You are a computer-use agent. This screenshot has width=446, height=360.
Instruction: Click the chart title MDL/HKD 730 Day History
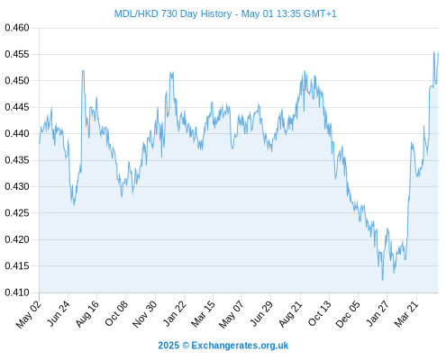click(x=173, y=13)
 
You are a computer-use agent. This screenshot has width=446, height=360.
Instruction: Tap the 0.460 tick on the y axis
click(x=17, y=28)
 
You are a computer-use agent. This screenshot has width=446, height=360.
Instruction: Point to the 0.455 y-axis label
click(x=17, y=54)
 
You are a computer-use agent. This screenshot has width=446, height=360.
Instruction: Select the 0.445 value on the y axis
click(x=17, y=107)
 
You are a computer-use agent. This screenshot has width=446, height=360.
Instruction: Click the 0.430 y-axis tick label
click(x=17, y=186)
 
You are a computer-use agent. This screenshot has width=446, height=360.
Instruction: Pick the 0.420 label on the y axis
click(x=17, y=239)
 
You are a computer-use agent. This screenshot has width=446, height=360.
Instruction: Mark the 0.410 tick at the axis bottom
click(x=17, y=292)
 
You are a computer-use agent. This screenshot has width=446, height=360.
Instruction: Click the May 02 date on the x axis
click(x=29, y=314)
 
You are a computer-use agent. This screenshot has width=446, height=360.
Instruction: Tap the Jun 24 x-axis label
click(x=59, y=313)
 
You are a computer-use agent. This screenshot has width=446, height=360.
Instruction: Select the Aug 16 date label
click(x=87, y=314)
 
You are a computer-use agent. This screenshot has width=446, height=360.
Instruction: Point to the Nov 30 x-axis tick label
click(x=144, y=314)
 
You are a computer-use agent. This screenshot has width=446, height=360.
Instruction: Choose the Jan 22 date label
click(x=174, y=314)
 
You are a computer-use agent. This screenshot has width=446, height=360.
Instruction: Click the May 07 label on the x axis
click(x=231, y=314)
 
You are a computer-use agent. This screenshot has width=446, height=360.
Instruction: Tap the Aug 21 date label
click(x=290, y=314)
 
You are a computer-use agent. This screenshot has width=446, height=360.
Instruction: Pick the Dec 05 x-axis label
click(x=348, y=314)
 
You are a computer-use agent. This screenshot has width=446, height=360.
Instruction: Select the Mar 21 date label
click(x=406, y=314)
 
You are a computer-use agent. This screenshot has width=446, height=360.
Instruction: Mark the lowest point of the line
click(x=382, y=280)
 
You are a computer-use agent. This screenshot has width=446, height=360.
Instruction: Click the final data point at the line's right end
click(x=438, y=53)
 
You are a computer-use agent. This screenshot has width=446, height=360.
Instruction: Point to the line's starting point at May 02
click(x=40, y=143)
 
